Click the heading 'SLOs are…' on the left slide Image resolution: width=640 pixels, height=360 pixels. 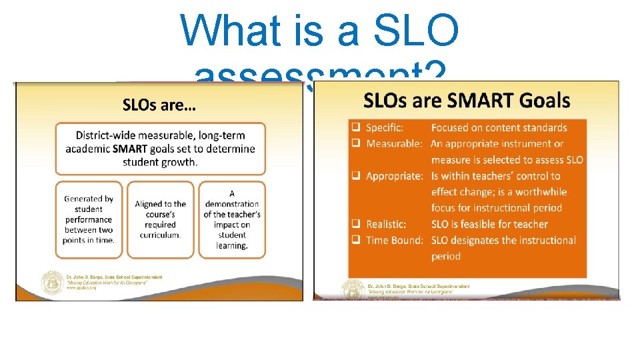159,105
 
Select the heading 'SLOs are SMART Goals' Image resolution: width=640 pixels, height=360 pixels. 466,101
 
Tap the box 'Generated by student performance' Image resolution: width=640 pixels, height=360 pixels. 89,219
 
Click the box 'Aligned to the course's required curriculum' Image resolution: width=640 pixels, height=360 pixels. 160,219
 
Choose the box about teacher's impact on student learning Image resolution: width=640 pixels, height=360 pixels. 231,219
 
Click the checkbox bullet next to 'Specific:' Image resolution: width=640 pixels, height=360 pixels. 356,127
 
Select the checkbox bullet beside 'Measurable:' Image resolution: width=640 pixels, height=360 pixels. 356,143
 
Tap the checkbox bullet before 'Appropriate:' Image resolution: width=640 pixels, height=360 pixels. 356,176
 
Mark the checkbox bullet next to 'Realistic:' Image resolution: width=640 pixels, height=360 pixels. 356,224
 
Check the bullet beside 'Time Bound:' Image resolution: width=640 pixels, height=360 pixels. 356,240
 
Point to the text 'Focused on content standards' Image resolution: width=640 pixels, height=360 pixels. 499,127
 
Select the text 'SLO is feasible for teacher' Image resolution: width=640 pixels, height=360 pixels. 489,224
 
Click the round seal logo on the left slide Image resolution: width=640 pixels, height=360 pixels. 51,284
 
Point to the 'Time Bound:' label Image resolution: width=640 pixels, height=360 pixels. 395,240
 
